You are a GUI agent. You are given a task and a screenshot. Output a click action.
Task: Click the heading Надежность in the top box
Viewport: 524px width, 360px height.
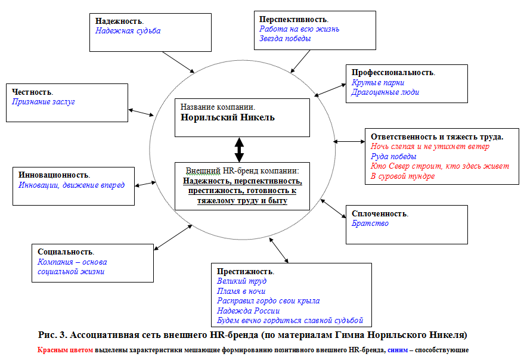[x=119, y=20]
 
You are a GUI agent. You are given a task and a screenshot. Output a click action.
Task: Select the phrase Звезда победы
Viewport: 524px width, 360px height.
[x=285, y=38]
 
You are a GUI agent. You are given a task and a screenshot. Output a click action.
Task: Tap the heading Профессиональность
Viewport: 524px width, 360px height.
[x=393, y=72]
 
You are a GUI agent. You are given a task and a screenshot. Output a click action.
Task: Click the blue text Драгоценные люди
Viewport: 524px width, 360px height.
[x=385, y=92]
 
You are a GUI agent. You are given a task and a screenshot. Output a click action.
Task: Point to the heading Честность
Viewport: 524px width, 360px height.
[x=32, y=92]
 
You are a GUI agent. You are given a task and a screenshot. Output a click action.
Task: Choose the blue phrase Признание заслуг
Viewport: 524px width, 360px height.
[x=44, y=102]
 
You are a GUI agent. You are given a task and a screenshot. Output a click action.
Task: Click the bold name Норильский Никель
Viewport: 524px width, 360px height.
[x=228, y=117]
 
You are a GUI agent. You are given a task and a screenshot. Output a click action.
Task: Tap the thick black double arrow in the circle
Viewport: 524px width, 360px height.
[x=239, y=150]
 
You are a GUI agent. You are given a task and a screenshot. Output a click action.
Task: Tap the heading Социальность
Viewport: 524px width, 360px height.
[x=66, y=252]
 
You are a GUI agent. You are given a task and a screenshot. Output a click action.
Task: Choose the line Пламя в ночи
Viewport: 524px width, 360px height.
[x=241, y=291]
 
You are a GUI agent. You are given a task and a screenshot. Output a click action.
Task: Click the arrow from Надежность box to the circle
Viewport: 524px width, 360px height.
[x=178, y=62]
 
